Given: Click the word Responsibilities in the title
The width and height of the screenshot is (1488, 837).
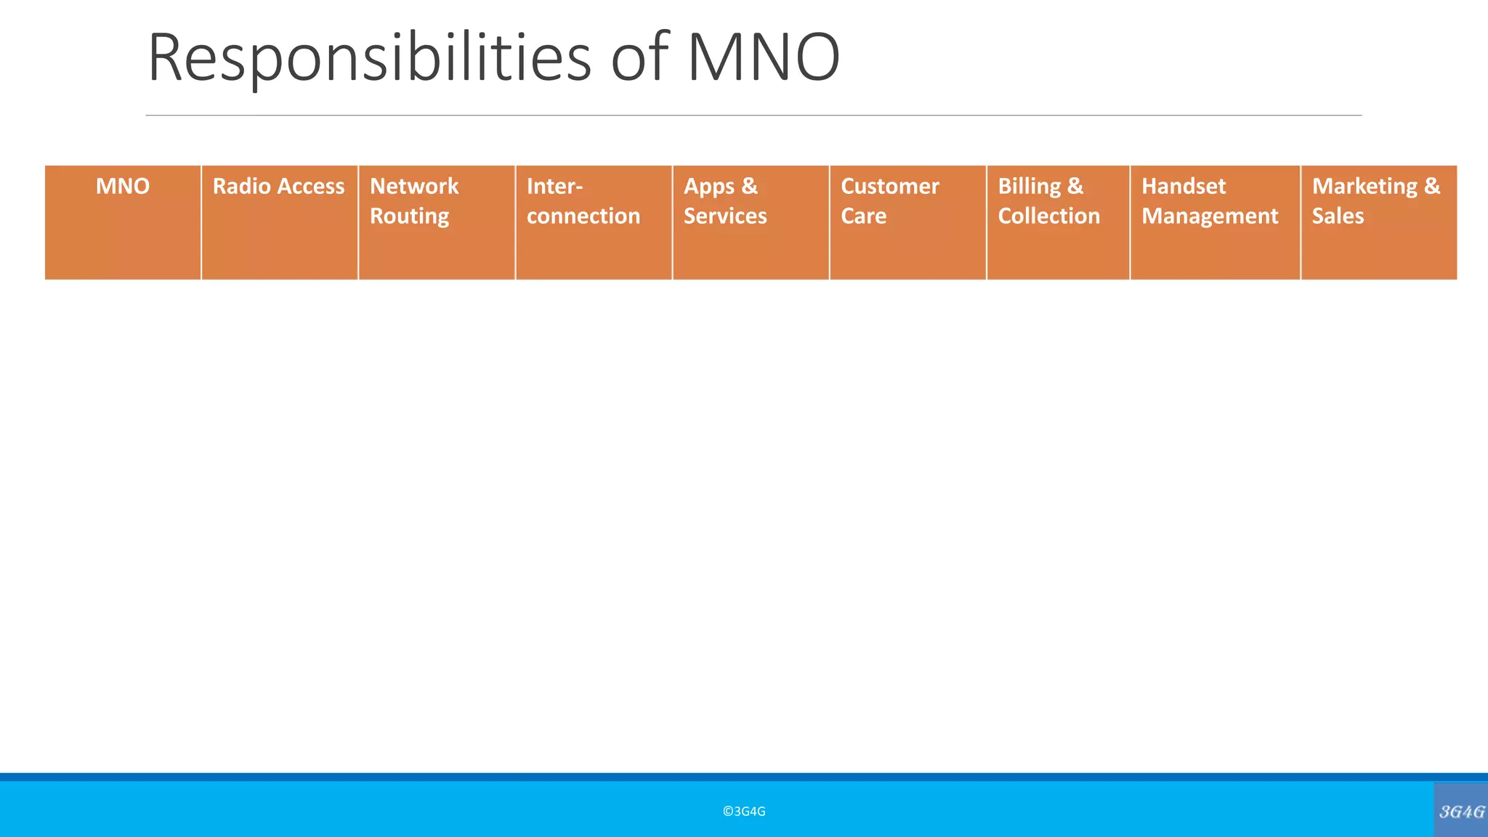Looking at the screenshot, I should pos(369,58).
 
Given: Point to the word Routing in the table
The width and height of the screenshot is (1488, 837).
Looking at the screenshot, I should pos(409,217).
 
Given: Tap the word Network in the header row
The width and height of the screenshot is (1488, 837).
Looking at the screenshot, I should pos(414,187).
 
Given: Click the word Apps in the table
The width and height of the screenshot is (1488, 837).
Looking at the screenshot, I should pos(709,187).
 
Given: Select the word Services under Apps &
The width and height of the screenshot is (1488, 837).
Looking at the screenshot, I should pos(725,217).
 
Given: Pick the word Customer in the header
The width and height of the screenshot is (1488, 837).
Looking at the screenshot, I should pos(890,187).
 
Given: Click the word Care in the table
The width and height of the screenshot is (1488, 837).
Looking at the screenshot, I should pos(864,217).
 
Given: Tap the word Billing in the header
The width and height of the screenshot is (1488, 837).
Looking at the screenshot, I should pos(1030,187).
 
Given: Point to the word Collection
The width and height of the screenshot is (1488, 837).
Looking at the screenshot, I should pos(1049,217).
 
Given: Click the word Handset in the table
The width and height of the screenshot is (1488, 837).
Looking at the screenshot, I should pos(1184,187).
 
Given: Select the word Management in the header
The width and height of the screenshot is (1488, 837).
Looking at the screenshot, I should pos(1210,217).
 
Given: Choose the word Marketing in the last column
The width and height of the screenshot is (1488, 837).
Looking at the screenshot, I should pos(1364,187).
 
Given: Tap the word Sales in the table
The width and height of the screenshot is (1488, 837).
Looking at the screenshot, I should pos(1338,217).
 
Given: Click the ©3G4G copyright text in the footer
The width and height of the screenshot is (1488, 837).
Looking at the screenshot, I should pos(744,812).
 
